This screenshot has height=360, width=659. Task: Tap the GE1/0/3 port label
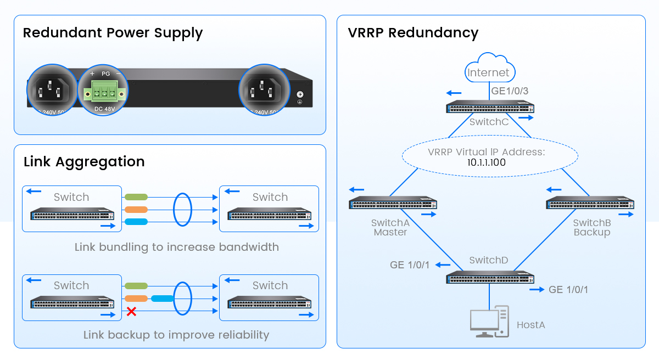[510, 91]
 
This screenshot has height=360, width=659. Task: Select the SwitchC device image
[490, 107]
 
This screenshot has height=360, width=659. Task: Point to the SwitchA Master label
[390, 228]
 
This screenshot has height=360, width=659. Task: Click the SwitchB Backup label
[592, 228]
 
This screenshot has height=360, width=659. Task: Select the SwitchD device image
[490, 277]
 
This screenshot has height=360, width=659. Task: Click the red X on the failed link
[132, 312]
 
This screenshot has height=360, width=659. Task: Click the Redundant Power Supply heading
[113, 33]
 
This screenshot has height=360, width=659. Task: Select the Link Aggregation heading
[84, 162]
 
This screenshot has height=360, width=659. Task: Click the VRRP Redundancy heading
[413, 33]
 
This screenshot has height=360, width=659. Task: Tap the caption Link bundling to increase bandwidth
[176, 247]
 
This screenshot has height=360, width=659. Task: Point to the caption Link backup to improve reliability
[176, 335]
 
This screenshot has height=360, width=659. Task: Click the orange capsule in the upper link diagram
[136, 209]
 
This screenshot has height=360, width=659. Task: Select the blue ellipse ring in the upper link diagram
[182, 209]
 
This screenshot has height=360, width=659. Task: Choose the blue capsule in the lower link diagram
[162, 299]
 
